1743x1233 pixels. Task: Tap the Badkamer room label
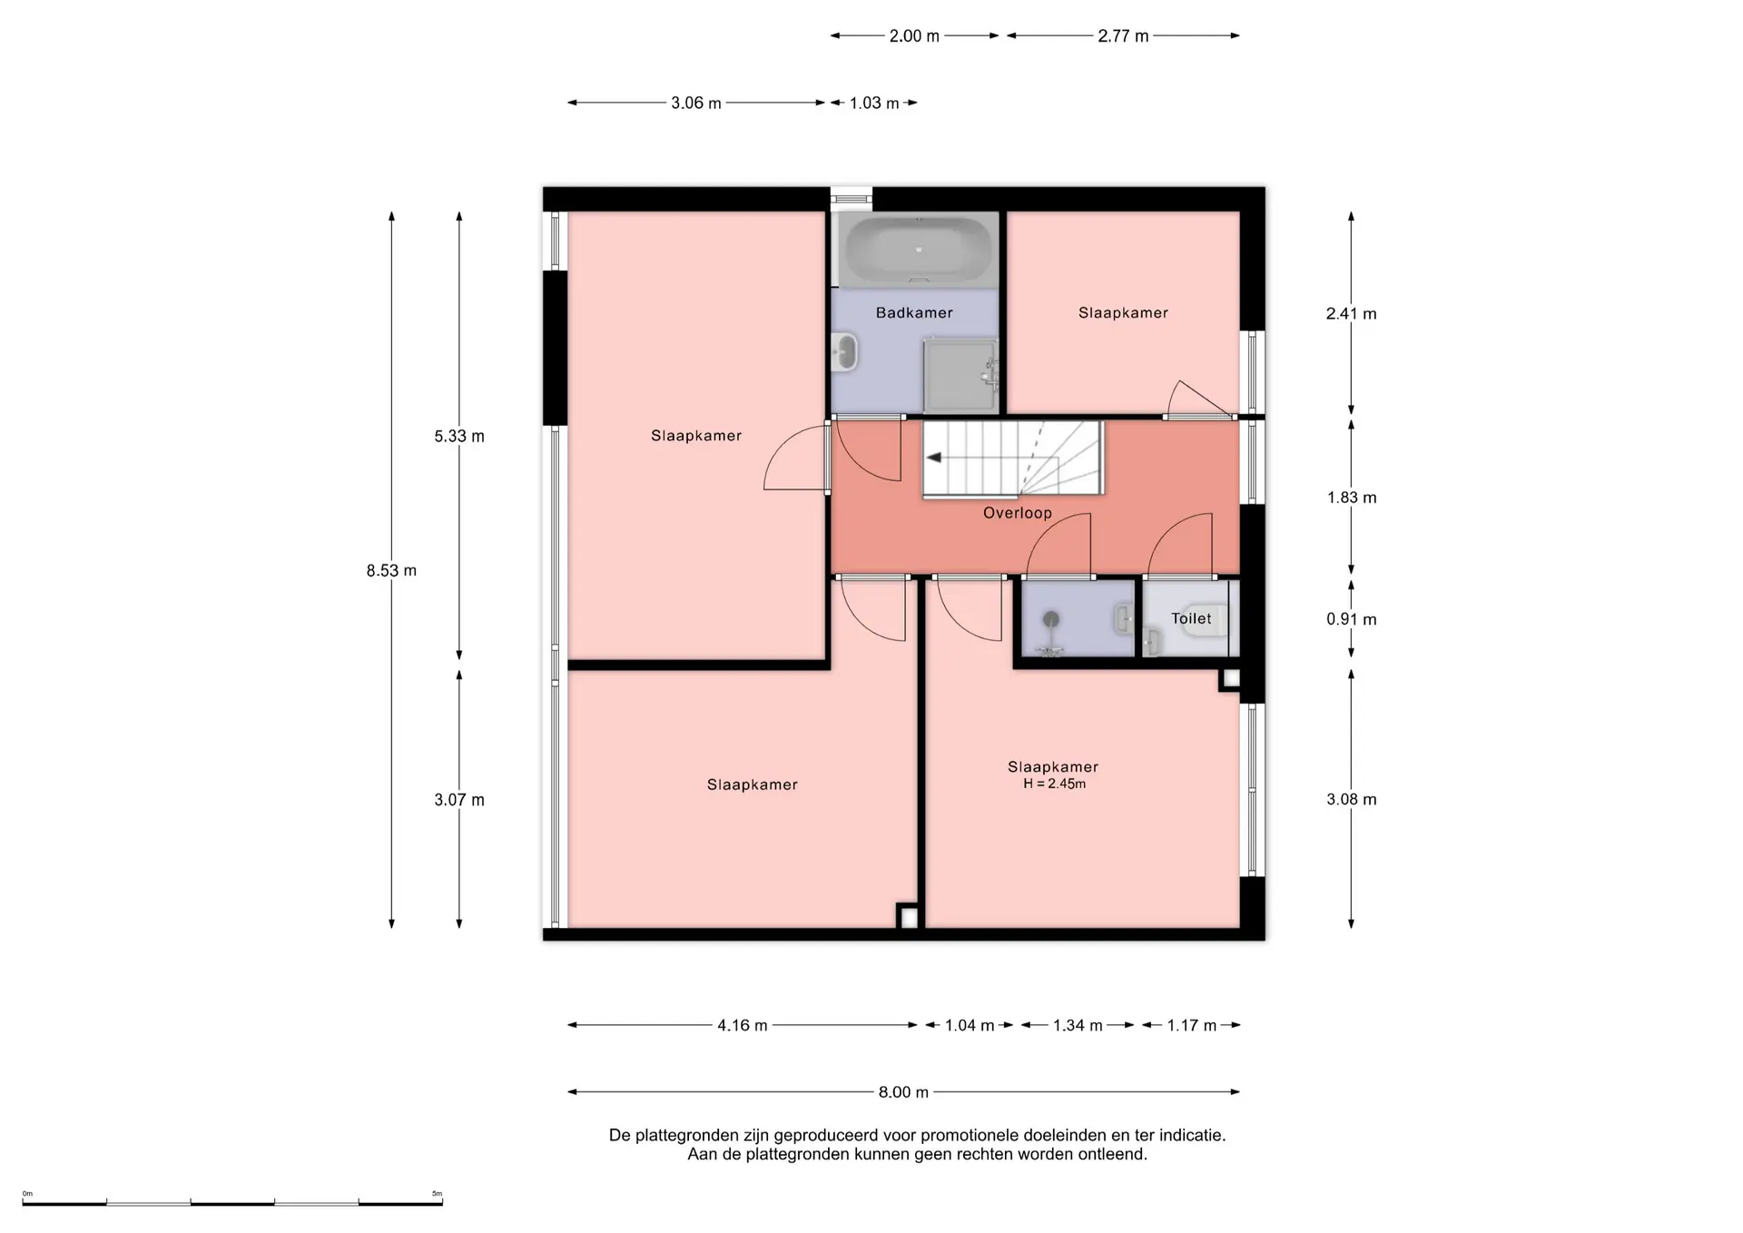(x=914, y=312)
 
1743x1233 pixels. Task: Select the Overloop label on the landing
(x=1018, y=513)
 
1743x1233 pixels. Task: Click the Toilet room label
(x=1191, y=618)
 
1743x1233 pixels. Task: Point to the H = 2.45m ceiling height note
(x=1054, y=784)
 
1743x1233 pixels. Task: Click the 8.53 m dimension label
(x=391, y=570)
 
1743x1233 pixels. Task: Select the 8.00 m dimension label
(x=903, y=1092)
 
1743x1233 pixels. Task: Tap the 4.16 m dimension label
(x=743, y=1025)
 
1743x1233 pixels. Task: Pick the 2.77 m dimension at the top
(x=1123, y=36)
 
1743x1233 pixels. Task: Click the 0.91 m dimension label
(x=1352, y=619)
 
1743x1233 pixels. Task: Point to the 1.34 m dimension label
(x=1078, y=1025)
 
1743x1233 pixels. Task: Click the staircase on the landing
(x=1013, y=459)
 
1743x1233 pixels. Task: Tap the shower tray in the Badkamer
(x=960, y=375)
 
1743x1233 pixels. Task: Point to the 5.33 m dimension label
(x=459, y=436)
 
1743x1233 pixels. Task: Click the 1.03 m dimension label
(x=874, y=104)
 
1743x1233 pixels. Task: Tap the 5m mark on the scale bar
(x=437, y=1194)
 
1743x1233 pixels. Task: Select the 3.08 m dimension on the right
(x=1352, y=799)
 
